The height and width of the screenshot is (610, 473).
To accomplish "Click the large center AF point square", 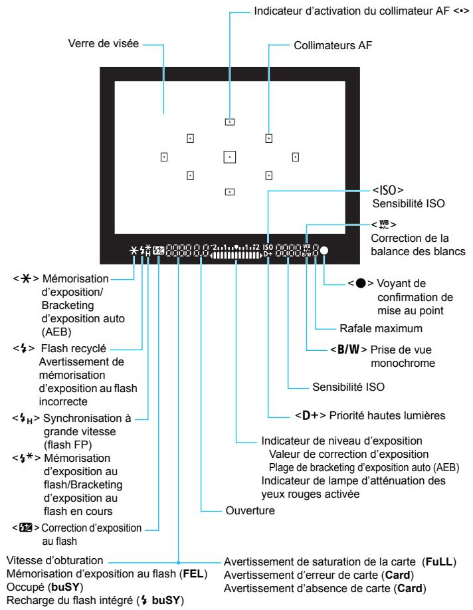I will click(x=229, y=157).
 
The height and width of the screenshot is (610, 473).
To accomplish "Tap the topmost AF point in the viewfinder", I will click(x=229, y=122).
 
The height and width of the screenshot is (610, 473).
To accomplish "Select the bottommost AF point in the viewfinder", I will click(x=229, y=191).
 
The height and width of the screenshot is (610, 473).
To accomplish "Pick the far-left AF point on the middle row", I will click(x=163, y=157).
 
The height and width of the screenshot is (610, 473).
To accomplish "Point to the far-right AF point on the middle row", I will click(x=295, y=157).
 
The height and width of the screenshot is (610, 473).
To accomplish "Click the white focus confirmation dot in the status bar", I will click(x=324, y=252).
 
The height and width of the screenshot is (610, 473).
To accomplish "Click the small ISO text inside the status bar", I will click(x=267, y=247).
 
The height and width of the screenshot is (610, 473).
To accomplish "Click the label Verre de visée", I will click(x=103, y=45).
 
